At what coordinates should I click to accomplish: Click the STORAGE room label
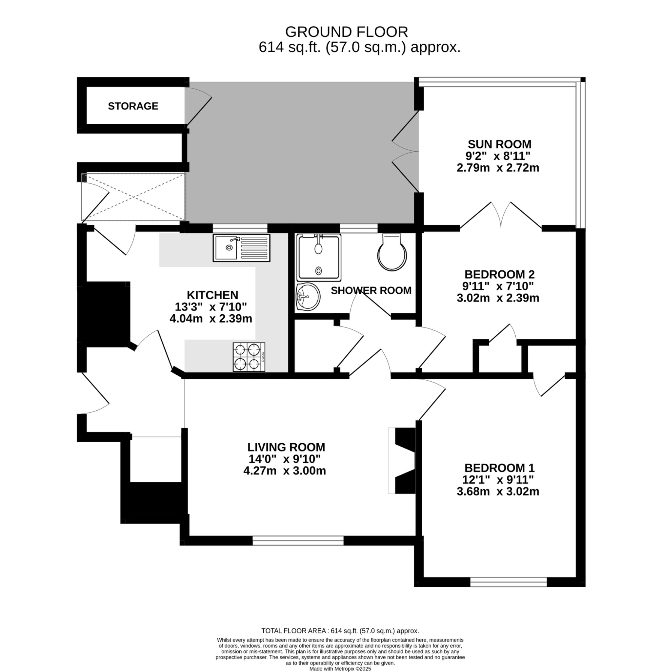tap(133, 106)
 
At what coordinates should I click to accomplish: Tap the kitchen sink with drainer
tap(241, 248)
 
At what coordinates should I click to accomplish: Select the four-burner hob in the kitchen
tap(249, 357)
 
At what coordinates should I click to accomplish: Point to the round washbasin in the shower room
tap(308, 297)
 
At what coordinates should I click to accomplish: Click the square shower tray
tap(318, 257)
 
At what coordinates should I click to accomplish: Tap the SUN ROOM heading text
tap(499, 144)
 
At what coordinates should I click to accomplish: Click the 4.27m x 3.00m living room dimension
tap(284, 471)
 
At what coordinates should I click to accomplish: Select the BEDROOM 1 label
tap(499, 468)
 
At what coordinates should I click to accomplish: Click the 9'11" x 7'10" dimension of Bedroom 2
tap(497, 286)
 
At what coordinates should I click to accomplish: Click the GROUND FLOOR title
tap(346, 32)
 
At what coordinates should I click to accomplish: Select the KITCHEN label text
tap(212, 295)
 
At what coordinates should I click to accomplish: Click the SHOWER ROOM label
tap(371, 290)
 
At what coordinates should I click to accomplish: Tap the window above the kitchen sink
tap(240, 228)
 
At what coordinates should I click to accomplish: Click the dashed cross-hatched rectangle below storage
tap(133, 197)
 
